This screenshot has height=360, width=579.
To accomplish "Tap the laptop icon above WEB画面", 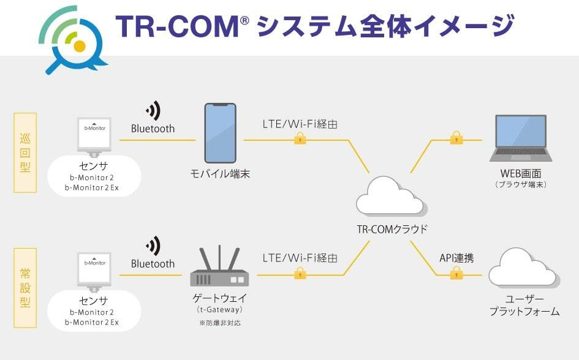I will (520, 138).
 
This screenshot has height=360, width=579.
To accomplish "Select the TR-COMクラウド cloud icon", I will (390, 198).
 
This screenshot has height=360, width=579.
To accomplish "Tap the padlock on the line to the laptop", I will (455, 138).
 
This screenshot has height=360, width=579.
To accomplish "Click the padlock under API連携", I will (456, 274).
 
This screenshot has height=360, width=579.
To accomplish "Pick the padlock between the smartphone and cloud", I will (300, 138).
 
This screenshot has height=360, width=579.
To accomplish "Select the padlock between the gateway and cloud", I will (300, 273).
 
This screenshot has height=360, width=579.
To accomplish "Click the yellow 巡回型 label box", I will (25, 152).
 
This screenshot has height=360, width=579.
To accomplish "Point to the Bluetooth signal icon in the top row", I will (153, 111).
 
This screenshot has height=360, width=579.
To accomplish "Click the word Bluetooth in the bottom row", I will (153, 264).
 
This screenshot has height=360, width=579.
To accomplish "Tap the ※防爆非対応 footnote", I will (219, 322).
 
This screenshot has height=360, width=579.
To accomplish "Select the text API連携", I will (456, 258).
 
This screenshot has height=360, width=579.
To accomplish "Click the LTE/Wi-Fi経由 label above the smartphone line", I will (300, 124).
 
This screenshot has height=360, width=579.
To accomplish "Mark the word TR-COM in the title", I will (178, 26).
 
